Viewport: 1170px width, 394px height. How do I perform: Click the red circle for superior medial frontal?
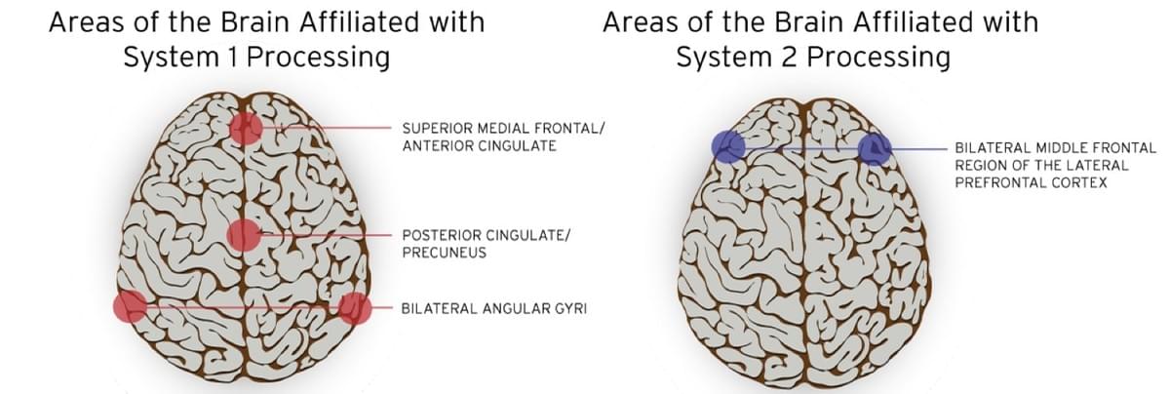(246, 128)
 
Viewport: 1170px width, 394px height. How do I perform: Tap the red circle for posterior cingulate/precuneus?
(244, 235)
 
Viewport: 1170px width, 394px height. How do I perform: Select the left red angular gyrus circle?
(130, 306)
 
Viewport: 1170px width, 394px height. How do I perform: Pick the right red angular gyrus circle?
(355, 308)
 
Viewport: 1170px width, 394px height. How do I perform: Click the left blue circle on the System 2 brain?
(728, 146)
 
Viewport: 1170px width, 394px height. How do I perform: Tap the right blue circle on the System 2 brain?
(875, 149)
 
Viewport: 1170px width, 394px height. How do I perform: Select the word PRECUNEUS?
(444, 253)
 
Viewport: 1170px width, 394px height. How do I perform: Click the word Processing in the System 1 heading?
(318, 58)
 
